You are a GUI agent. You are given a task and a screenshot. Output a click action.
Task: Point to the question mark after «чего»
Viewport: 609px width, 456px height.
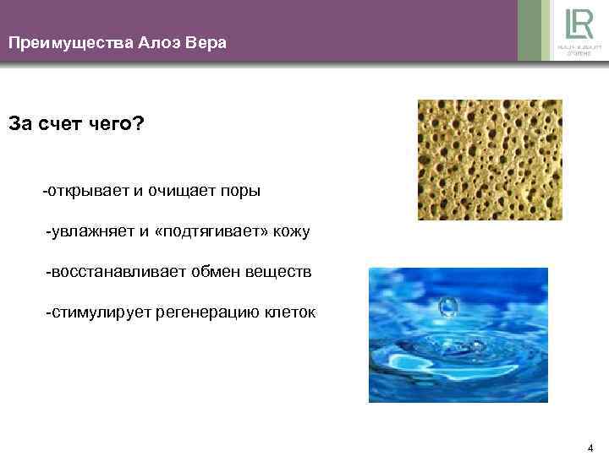point(140,124)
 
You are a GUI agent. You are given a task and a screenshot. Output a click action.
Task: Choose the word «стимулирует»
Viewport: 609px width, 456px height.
point(94,312)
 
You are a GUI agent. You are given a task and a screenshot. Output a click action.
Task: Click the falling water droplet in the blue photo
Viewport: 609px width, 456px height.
point(447,305)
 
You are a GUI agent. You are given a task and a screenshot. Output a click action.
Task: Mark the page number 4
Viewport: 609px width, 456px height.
point(590,447)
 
